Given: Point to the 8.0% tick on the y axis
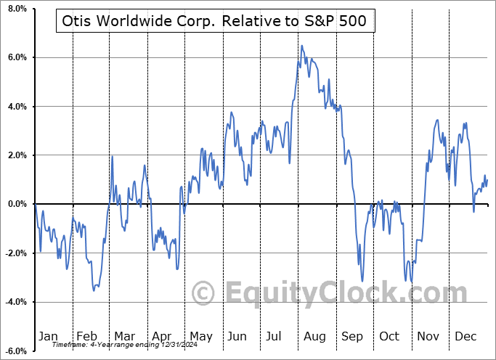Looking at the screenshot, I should [x=16, y=9].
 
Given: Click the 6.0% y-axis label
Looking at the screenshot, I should [x=16, y=57].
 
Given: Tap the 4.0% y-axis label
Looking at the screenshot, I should [x=16, y=107].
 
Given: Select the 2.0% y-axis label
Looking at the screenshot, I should [x=16, y=155].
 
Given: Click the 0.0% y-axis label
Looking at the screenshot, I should [x=16, y=204].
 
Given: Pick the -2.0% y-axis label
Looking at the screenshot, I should [x=15, y=253].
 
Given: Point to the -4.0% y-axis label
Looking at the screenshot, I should [x=15, y=302].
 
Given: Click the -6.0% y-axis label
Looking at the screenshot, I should [x=15, y=351].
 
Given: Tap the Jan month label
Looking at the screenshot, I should [x=48, y=336].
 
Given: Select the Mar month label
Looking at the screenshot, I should [x=124, y=336].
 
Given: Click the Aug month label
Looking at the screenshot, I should [x=314, y=336].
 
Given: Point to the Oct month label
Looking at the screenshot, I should [x=390, y=336].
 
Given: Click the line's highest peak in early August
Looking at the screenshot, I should [x=302, y=46].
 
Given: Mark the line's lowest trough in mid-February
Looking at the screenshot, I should [x=94, y=290].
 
